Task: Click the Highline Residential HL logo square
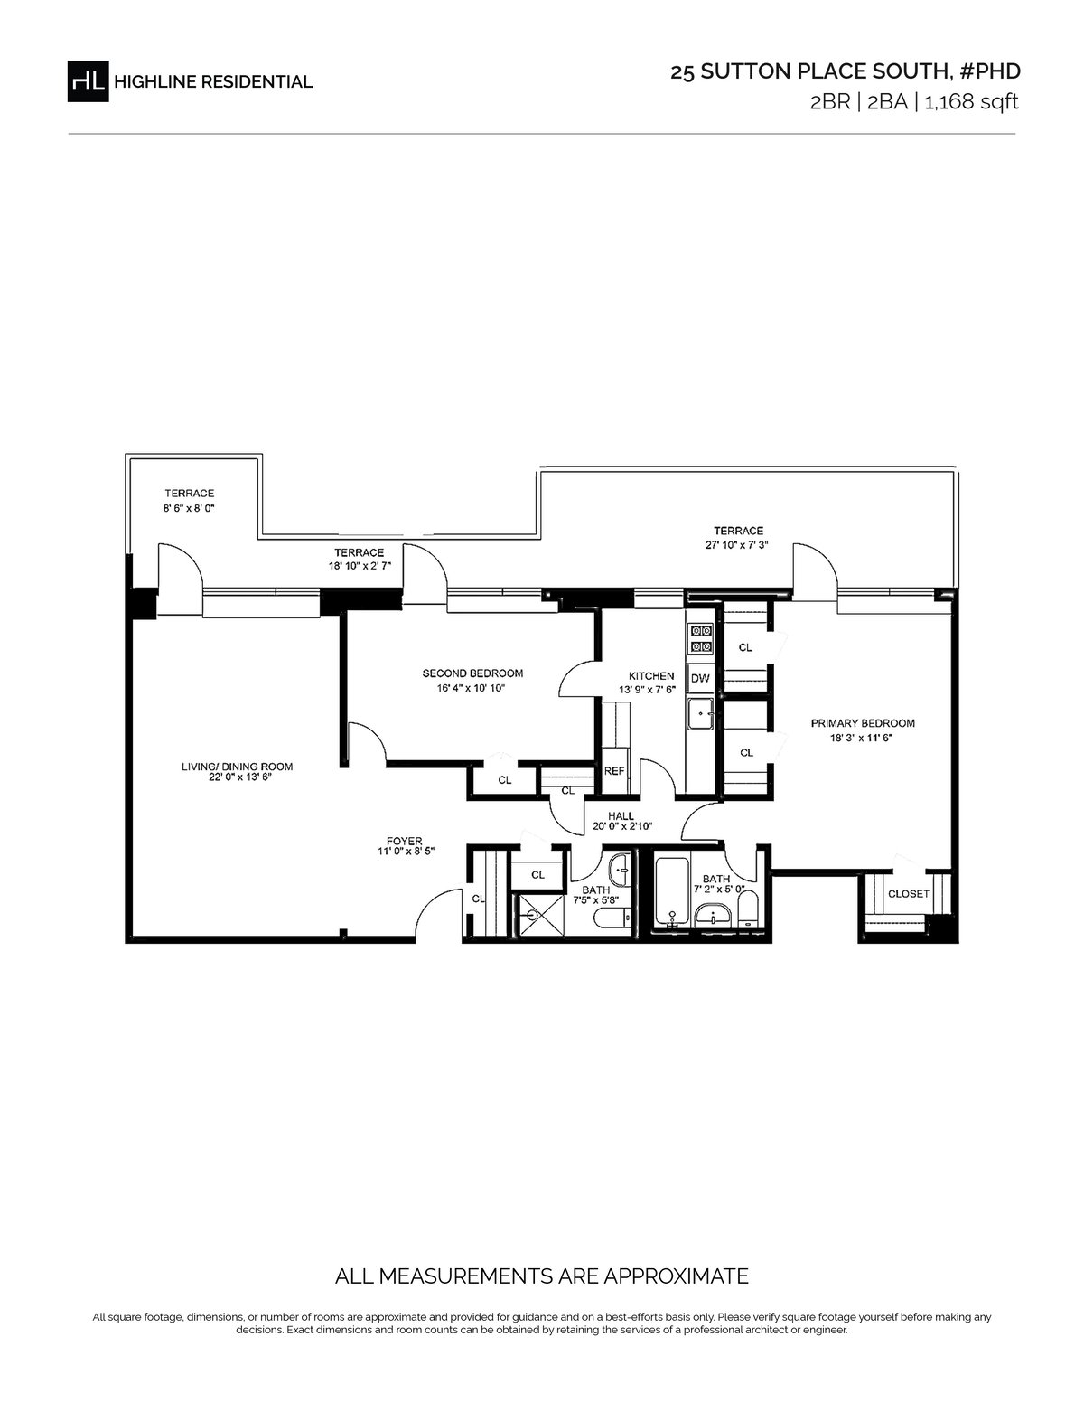coord(89,80)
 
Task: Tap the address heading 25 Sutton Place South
coord(808,71)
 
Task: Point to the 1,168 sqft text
coord(971,102)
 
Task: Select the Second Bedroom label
coord(472,673)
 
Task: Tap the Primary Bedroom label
coord(863,723)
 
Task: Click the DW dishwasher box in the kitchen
coord(700,678)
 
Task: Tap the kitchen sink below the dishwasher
coord(700,713)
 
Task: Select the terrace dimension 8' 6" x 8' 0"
coord(188,507)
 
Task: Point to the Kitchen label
coord(651,676)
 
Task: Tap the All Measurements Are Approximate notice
coord(542,1276)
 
